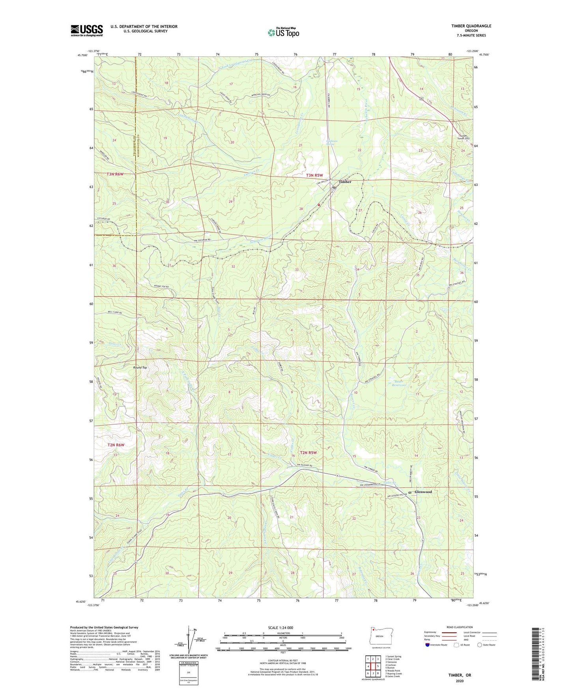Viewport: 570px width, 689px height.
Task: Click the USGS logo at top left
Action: click(x=86, y=30)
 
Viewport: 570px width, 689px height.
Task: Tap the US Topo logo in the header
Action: click(x=283, y=32)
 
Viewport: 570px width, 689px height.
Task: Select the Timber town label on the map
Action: click(x=345, y=182)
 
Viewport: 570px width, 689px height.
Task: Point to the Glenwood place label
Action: click(x=423, y=492)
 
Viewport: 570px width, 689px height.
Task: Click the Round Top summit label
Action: click(x=140, y=367)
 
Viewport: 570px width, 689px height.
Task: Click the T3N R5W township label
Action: click(x=314, y=175)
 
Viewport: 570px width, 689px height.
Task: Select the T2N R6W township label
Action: click(x=116, y=445)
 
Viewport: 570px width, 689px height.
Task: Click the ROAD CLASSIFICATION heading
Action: click(x=460, y=627)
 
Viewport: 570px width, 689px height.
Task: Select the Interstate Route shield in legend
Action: click(x=428, y=645)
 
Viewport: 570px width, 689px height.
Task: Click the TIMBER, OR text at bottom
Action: click(x=460, y=675)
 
